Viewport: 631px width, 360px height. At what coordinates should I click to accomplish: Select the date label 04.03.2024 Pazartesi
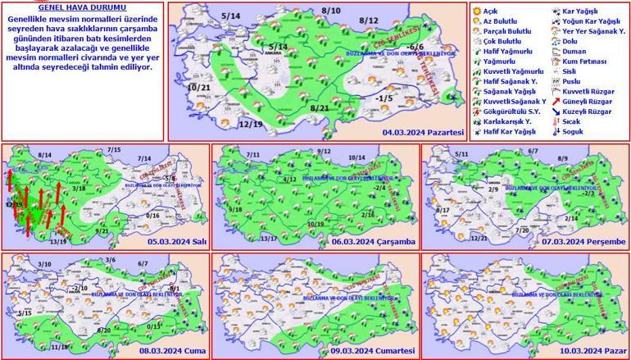click(423, 131)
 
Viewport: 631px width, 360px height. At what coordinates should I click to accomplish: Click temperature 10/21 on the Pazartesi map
click(197, 87)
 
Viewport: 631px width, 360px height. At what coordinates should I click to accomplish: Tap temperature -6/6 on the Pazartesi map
click(415, 48)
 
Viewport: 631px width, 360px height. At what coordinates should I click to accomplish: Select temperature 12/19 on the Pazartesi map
click(228, 124)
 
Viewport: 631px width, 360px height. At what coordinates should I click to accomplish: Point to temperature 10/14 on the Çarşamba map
click(356, 157)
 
